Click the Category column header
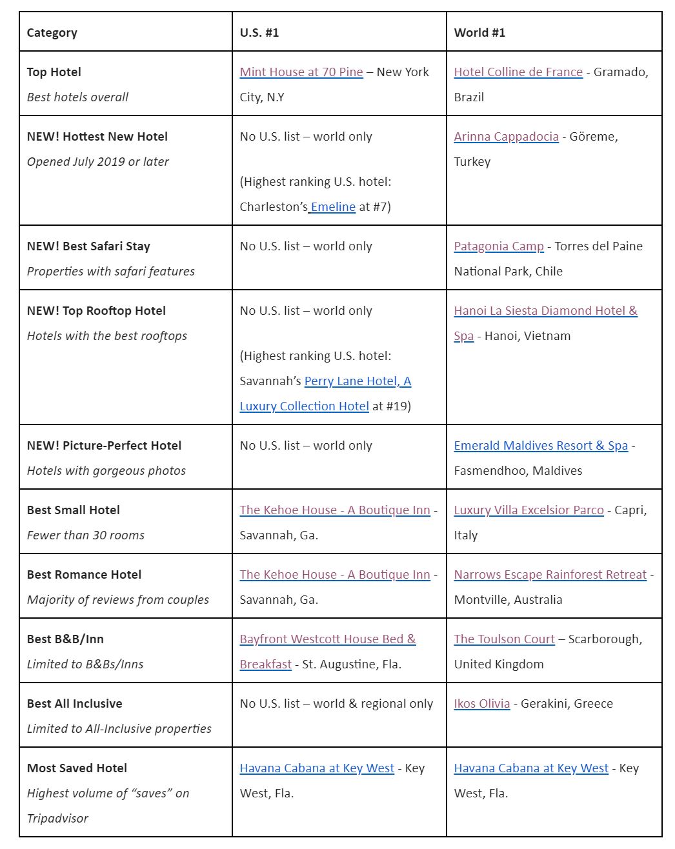(x=52, y=33)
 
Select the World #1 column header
(x=479, y=33)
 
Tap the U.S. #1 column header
(x=259, y=33)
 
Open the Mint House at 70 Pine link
(x=301, y=72)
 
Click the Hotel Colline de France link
(x=518, y=72)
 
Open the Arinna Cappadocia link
(x=506, y=137)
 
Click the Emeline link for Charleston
(x=333, y=207)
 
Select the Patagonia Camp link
(x=499, y=246)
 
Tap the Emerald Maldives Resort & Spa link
(x=541, y=446)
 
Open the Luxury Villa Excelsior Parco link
(x=529, y=510)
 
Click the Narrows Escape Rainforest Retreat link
(x=550, y=575)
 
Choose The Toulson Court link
(x=504, y=639)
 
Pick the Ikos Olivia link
(x=481, y=704)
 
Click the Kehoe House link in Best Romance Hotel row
(x=334, y=575)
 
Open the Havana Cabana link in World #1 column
(x=531, y=768)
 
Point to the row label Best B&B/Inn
(x=65, y=639)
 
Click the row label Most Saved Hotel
(x=77, y=768)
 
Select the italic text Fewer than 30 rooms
(x=86, y=535)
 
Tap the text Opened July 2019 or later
(x=98, y=162)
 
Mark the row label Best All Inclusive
(x=75, y=704)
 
